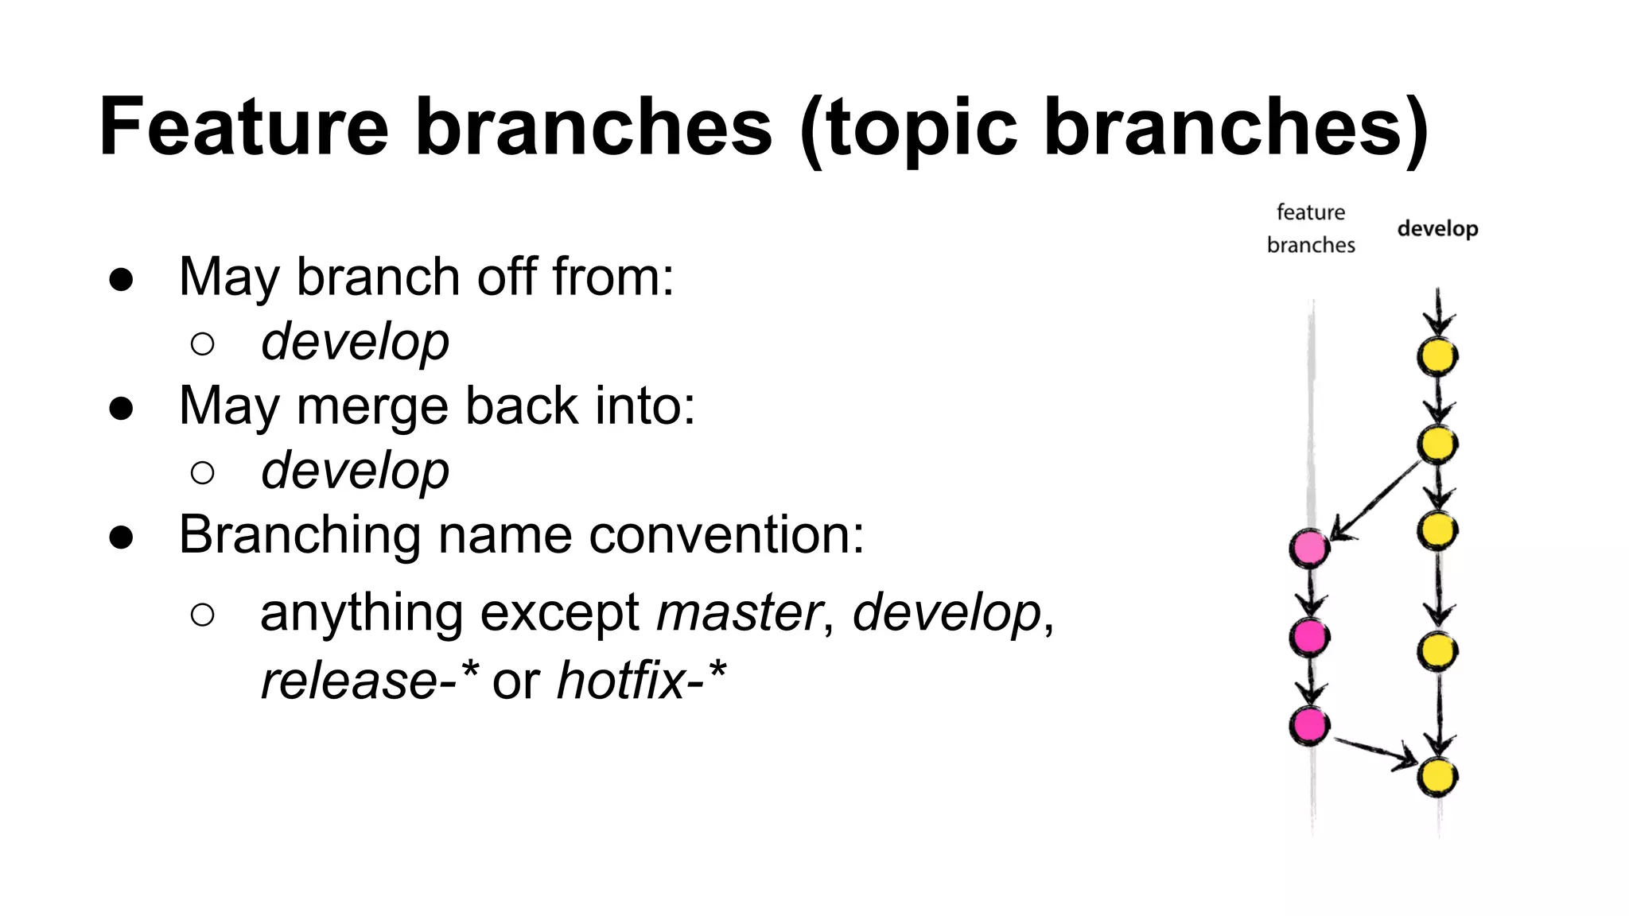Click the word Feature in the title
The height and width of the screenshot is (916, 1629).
pyautogui.click(x=243, y=127)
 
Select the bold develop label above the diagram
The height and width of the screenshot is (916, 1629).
pyautogui.click(x=1437, y=229)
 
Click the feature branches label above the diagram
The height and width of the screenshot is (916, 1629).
pyautogui.click(x=1311, y=229)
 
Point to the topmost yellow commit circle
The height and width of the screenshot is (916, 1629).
pyautogui.click(x=1437, y=356)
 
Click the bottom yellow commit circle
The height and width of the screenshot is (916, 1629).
pyautogui.click(x=1437, y=777)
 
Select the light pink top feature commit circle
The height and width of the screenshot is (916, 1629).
pyautogui.click(x=1309, y=548)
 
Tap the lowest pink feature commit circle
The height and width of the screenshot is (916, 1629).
pyautogui.click(x=1309, y=724)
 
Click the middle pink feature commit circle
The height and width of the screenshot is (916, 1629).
pyautogui.click(x=1309, y=636)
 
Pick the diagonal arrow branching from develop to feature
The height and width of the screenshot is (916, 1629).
pyautogui.click(x=1376, y=501)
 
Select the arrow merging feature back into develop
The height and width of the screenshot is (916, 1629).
pyautogui.click(x=1374, y=752)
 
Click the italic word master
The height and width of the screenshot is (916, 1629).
pyautogui.click(x=739, y=613)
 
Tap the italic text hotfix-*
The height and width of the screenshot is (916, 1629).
pyautogui.click(x=641, y=681)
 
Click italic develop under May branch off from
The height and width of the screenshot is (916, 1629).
pyautogui.click(x=355, y=343)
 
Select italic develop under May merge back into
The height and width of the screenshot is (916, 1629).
pyautogui.click(x=355, y=472)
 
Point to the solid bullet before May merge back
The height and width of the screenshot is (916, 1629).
pyautogui.click(x=122, y=408)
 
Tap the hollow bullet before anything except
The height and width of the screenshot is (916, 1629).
pyautogui.click(x=203, y=614)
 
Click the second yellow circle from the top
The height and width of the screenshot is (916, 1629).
pyautogui.click(x=1437, y=444)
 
